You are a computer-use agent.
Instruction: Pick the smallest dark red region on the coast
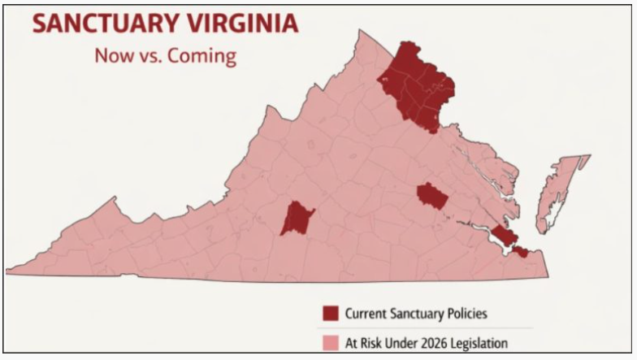[x=520, y=253]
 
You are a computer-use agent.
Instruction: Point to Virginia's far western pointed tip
[x=11, y=271]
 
